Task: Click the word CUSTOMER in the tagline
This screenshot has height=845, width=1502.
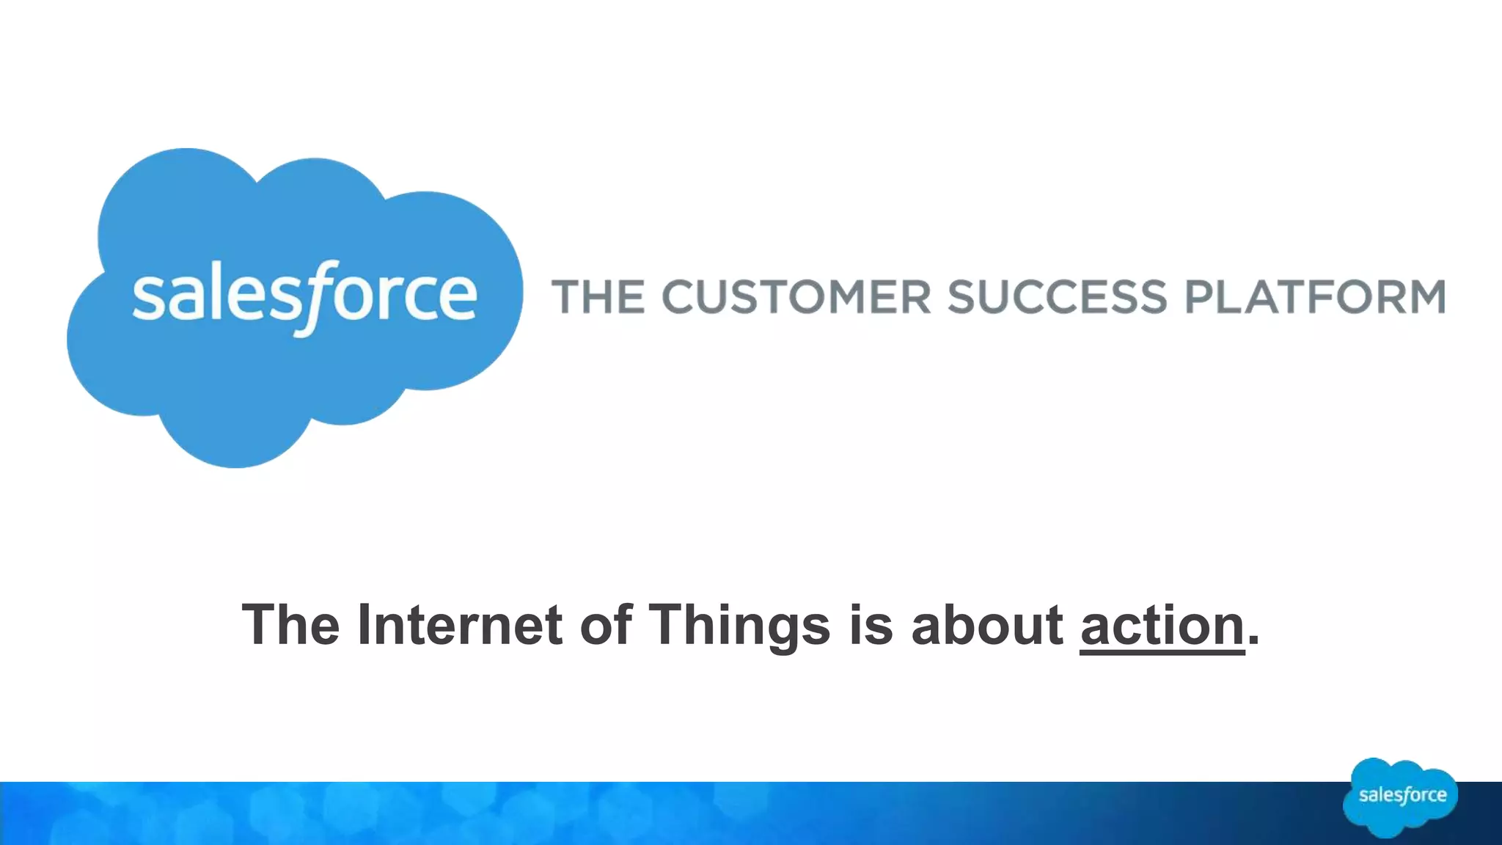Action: pos(796,297)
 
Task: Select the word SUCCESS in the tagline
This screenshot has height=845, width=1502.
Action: pos(1056,297)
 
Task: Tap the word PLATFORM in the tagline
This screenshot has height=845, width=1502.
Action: pos(1315,297)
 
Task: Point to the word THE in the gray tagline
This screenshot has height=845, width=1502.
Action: pos(598,297)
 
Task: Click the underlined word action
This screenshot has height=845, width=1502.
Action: pos(1162,626)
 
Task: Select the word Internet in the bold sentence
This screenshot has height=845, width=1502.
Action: pos(460,626)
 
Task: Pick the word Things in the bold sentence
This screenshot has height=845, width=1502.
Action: pos(740,626)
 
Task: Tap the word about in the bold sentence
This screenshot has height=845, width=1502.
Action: pos(987,626)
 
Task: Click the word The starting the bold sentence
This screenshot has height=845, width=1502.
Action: pos(290,626)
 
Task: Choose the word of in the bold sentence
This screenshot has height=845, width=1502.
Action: pos(606,626)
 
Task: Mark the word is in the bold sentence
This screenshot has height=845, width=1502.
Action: pos(871,626)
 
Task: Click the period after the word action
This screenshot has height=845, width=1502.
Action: pos(1253,641)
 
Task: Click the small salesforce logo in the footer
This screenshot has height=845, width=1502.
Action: pos(1401,797)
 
